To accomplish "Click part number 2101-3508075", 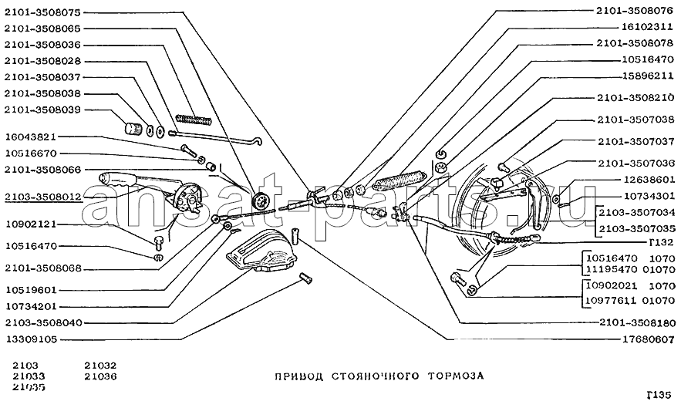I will pos(42,12).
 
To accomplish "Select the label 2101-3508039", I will pos(42,110).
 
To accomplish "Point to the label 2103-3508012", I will pos(42,197).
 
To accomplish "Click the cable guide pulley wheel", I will pos(263,200).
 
